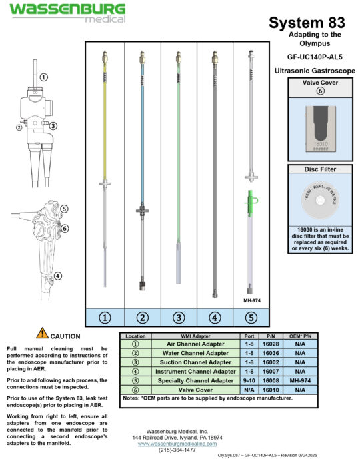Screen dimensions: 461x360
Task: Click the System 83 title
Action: (x=307, y=23)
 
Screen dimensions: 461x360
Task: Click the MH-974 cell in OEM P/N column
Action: (x=299, y=380)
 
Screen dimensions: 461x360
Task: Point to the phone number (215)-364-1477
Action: (x=179, y=450)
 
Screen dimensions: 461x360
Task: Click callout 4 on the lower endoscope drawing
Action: (x=58, y=276)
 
